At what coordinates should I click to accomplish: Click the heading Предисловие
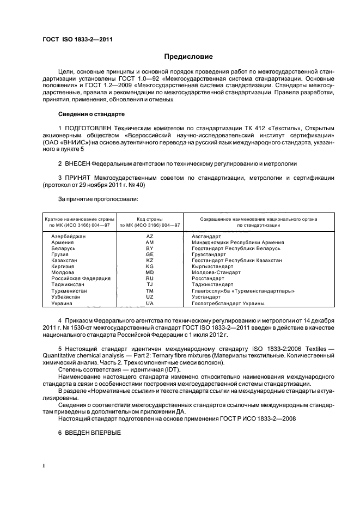[188, 57]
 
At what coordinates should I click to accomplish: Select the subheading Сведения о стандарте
[91, 114]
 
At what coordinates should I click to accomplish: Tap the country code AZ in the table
[150, 236]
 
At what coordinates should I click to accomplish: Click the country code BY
[150, 248]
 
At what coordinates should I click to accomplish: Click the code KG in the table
[150, 266]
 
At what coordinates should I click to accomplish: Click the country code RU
[150, 278]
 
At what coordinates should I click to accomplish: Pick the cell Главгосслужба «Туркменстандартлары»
[243, 291]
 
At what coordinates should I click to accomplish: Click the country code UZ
[150, 297]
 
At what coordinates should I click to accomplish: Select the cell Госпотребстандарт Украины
[228, 303]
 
